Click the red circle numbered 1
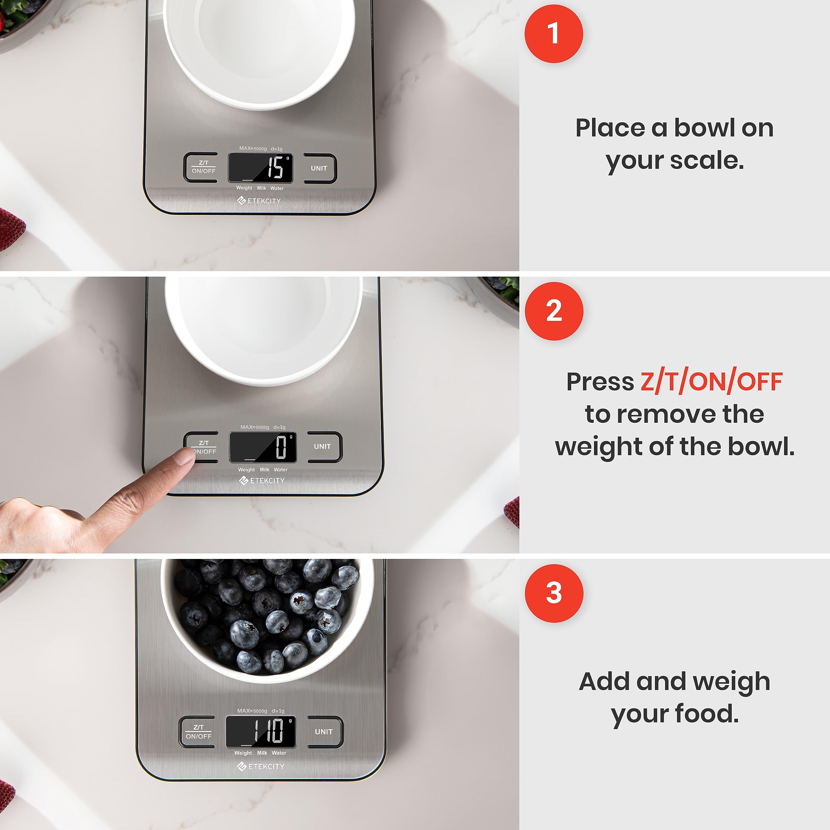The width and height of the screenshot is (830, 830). tap(554, 34)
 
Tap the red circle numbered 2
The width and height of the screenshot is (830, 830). tap(554, 311)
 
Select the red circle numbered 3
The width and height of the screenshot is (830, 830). tap(554, 593)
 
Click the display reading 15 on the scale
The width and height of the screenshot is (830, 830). tap(260, 168)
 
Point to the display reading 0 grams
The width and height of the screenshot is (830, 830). tap(263, 447)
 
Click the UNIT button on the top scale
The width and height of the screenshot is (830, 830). tap(319, 168)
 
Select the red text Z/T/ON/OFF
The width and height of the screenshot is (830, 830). tap(711, 382)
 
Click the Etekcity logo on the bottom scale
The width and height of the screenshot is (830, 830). tap(261, 766)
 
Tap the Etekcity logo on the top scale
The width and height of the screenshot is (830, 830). tap(259, 201)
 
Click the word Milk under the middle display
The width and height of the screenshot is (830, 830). tap(264, 469)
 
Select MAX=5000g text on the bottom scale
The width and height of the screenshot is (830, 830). tap(252, 711)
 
